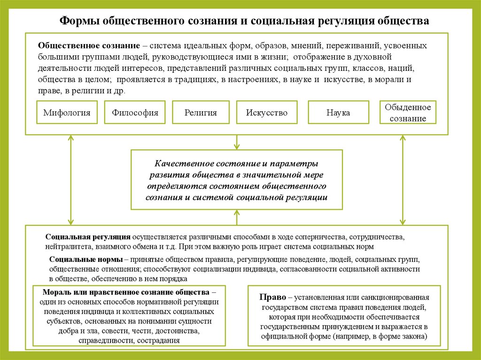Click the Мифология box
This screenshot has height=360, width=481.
click(67, 113)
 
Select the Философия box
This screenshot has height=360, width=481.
click(135, 113)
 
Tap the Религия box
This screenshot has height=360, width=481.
click(201, 113)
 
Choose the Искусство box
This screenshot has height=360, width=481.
click(266, 113)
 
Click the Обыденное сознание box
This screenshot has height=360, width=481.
click(408, 113)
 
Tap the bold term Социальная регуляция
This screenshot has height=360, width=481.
click(88, 237)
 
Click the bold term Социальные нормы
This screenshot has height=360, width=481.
click(86, 260)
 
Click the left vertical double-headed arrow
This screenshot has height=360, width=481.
click(71, 180)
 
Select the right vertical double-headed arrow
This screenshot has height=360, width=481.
click(403, 180)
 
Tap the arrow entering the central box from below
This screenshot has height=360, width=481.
click(237, 217)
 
